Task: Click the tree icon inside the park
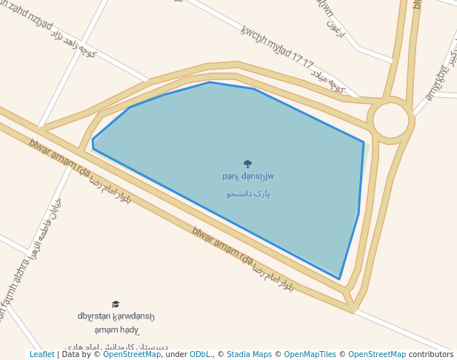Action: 247,164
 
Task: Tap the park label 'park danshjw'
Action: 248,176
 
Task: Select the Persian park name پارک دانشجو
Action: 248,193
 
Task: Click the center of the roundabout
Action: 390,120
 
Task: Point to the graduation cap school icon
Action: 116,304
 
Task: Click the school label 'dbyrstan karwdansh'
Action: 116,316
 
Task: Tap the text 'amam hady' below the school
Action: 116,330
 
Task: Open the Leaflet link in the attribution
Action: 41,354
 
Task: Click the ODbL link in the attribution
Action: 200,354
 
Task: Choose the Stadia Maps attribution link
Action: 249,354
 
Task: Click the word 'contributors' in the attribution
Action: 431,354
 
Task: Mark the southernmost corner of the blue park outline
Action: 339,279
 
